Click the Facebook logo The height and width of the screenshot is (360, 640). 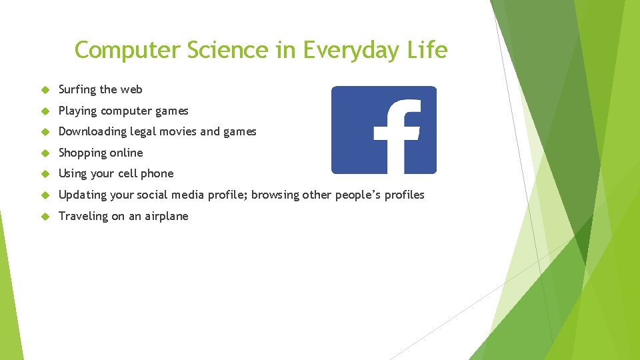(384, 130)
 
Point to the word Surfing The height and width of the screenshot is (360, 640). (77, 90)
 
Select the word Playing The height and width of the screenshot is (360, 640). (77, 111)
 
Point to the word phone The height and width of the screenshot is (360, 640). (157, 174)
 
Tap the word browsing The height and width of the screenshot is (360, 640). (275, 195)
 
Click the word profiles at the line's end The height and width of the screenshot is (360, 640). (403, 195)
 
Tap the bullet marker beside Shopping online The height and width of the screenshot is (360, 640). (46, 153)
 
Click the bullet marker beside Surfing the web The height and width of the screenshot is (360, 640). (46, 90)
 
